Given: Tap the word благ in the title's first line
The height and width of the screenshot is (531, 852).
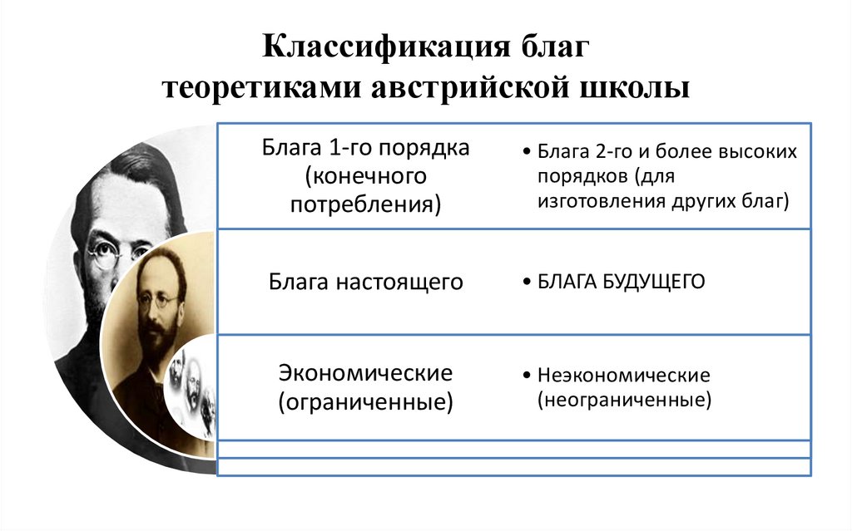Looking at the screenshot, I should (x=552, y=47).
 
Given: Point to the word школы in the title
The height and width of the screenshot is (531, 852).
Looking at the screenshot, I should (x=636, y=87).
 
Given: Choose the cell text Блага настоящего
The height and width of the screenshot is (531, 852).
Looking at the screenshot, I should (x=365, y=283).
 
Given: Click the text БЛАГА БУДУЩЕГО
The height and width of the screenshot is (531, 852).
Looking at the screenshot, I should (x=621, y=283).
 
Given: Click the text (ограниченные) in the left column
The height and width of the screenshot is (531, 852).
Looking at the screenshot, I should (x=365, y=403).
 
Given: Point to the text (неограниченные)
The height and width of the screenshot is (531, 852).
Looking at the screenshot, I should (x=624, y=400).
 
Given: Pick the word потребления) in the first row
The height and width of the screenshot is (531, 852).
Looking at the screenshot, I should (x=365, y=204).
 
